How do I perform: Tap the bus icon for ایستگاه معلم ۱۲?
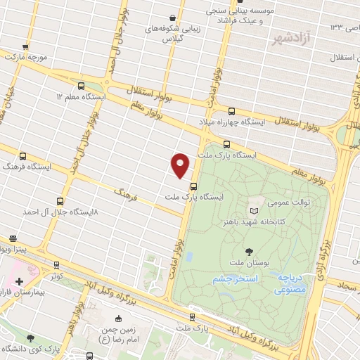coord(81,85)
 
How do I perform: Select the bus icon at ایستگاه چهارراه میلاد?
coord(232,110)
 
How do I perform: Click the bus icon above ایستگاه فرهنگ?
coord(23,156)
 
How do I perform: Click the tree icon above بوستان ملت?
coord(250,251)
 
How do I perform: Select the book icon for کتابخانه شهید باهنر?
coord(254,210)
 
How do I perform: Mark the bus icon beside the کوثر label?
coord(56,266)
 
